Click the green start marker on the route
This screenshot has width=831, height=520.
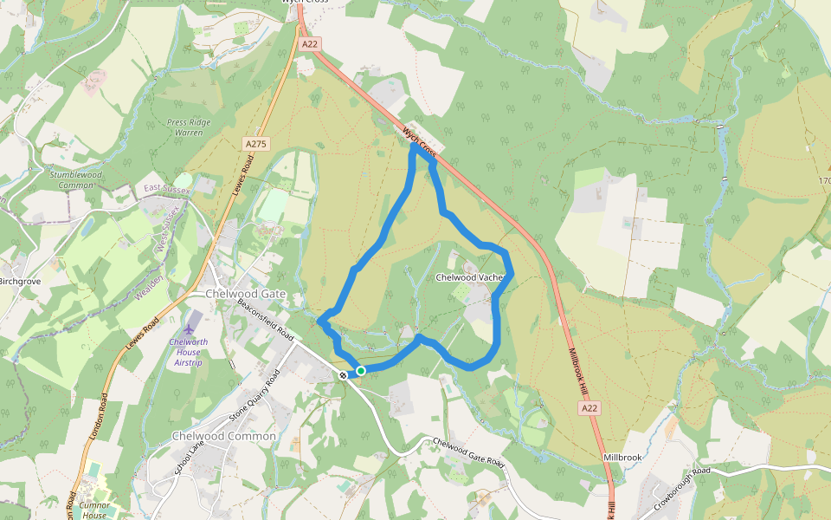(361, 371)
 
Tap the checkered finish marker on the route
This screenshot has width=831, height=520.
(344, 374)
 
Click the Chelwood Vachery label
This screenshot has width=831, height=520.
(469, 277)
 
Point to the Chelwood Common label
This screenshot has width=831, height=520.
(224, 436)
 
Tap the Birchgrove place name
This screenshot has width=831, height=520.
(21, 282)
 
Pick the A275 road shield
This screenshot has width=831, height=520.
(254, 143)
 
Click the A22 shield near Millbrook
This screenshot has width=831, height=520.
(589, 407)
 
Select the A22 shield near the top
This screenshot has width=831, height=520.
(308, 42)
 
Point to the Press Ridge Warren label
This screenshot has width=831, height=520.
(189, 127)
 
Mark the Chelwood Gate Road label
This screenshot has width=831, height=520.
(468, 453)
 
